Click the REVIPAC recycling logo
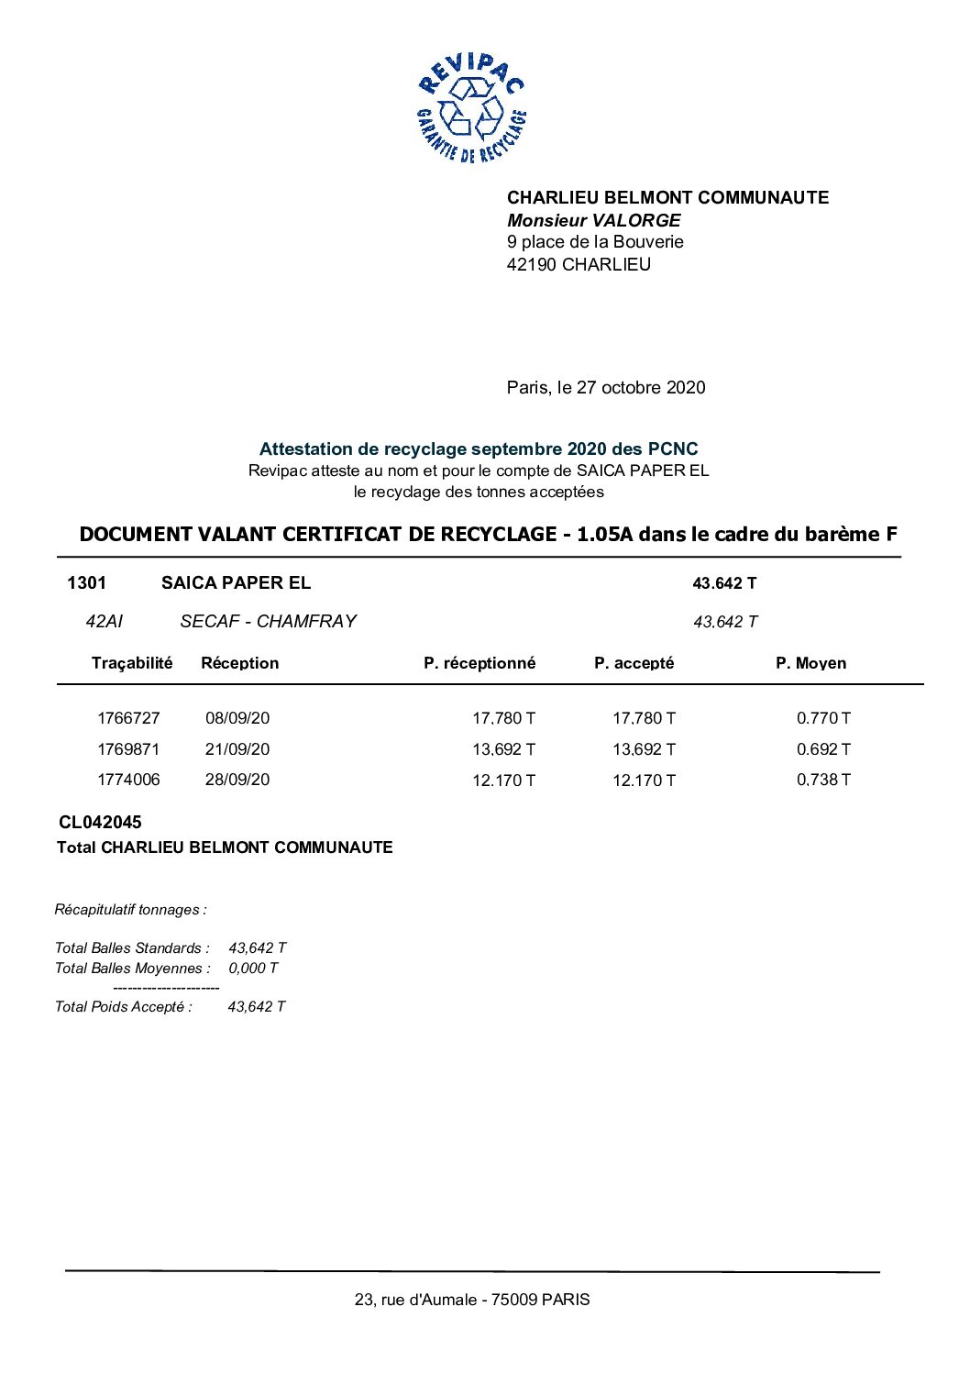(471, 108)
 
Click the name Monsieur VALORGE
(593, 220)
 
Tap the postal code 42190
(532, 264)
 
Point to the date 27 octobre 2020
(641, 387)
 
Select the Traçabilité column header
(132, 663)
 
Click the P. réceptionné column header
(479, 663)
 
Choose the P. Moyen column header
(810, 663)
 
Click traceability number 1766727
(128, 718)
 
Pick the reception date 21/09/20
(237, 749)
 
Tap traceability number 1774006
(128, 780)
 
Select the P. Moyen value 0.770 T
(823, 718)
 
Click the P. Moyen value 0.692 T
(823, 749)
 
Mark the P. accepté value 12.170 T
(644, 781)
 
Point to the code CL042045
(100, 823)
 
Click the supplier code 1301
(86, 582)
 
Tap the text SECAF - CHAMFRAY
(268, 621)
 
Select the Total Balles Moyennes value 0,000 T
(253, 969)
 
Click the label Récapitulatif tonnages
(130, 910)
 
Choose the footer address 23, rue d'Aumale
(416, 1300)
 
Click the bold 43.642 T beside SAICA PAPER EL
(724, 583)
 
